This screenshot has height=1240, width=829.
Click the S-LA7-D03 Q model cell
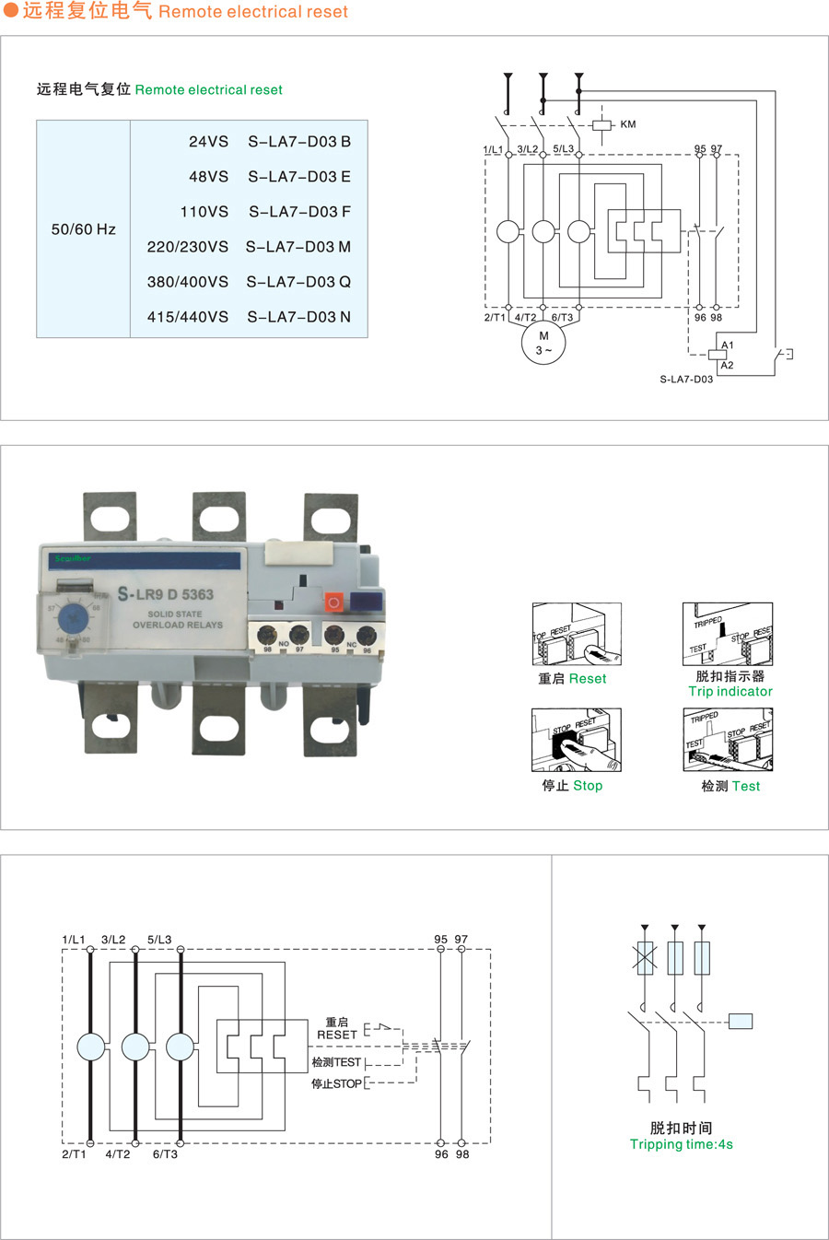coord(298,282)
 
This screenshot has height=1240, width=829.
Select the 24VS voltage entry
coord(208,142)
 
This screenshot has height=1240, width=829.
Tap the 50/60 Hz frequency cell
coord(84,229)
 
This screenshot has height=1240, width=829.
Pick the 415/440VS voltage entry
coord(188,317)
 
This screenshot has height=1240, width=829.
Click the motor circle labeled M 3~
coord(543,343)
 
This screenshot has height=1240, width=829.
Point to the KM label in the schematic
coord(628,124)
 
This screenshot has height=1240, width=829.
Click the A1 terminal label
coord(728,345)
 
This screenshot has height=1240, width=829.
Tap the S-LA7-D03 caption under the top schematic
coord(686,379)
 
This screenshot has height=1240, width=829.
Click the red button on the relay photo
coord(333,602)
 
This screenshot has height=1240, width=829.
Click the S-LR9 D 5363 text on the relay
coord(166,594)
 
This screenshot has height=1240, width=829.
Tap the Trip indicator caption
coord(730,691)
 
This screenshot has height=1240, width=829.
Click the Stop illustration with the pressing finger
coord(576,740)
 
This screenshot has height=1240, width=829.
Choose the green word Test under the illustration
coord(746,786)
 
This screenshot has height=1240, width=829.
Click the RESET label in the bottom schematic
coord(336,1035)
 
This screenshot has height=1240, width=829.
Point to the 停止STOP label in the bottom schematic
coord(336,1083)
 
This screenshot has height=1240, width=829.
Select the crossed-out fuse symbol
coord(645,958)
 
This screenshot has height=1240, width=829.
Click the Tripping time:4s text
coord(682,1144)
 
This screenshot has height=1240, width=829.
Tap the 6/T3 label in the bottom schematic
coord(165,1153)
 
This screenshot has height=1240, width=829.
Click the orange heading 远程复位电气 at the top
coord(87,12)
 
